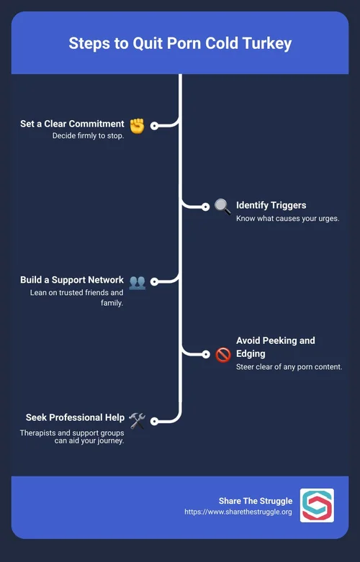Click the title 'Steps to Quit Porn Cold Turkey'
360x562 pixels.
pyautogui.click(x=180, y=43)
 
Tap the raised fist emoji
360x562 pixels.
pyautogui.click(x=137, y=126)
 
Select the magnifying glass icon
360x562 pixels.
pyautogui.click(x=222, y=207)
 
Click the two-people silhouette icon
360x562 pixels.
pyautogui.click(x=138, y=282)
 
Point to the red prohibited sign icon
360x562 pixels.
pyautogui.click(x=223, y=355)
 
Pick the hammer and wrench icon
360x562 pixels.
pyautogui.click(x=138, y=420)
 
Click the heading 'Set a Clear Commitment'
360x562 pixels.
pyautogui.click(x=72, y=124)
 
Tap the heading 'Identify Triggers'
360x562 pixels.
pyautogui.click(x=271, y=205)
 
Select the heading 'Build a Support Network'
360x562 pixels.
pyautogui.click(x=72, y=280)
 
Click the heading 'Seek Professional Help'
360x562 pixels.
pyautogui.click(x=75, y=417)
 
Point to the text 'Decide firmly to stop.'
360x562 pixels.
pyautogui.click(x=88, y=136)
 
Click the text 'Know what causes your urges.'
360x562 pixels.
pyautogui.click(x=287, y=218)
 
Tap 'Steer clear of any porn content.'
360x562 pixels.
pyautogui.click(x=289, y=367)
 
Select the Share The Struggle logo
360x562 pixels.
pyautogui.click(x=317, y=505)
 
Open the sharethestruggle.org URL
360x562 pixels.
pyautogui.click(x=238, y=512)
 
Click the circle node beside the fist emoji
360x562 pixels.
pyautogui.click(x=154, y=126)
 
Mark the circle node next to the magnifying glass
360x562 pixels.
pyautogui.click(x=205, y=207)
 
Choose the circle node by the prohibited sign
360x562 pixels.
pyautogui.click(x=205, y=355)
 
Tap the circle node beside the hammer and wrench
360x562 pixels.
pyautogui.click(x=154, y=421)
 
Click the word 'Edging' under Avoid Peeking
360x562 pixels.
pyautogui.click(x=251, y=354)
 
